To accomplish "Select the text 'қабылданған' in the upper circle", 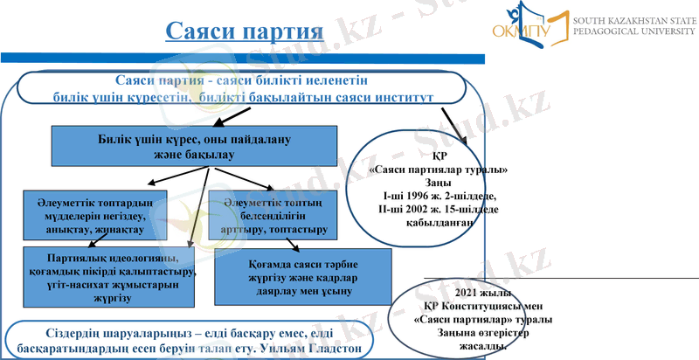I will click(439, 223).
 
